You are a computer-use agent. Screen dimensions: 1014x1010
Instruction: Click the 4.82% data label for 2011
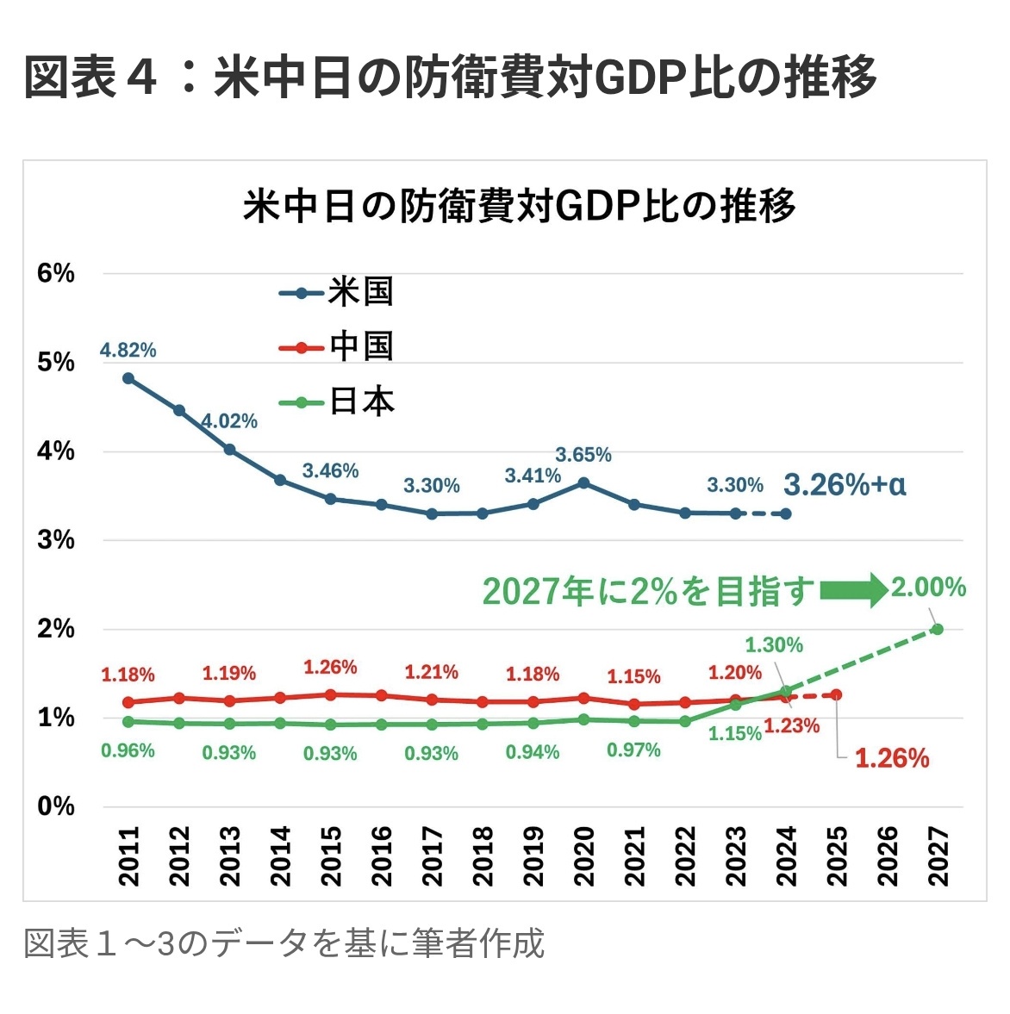coord(128,351)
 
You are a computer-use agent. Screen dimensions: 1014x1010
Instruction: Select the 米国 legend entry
coord(337,292)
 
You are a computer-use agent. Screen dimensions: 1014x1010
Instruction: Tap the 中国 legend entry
coord(337,347)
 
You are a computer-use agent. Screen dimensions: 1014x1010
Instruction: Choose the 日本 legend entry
coord(337,402)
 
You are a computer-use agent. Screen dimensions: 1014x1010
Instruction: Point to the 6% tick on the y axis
coord(55,274)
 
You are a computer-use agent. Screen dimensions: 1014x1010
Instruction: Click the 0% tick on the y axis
coord(55,807)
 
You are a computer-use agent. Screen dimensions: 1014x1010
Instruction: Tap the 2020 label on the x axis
coord(583,856)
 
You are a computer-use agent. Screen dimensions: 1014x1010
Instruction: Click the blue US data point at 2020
coord(583,483)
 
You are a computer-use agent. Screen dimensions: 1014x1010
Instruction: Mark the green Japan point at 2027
coord(937,629)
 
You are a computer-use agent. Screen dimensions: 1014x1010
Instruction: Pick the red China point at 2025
coord(836,694)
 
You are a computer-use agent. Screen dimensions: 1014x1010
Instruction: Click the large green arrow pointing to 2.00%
coord(853,590)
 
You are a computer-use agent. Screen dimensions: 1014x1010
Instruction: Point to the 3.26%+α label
coord(845,486)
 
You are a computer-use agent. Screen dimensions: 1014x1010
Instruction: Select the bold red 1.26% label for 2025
coord(892,759)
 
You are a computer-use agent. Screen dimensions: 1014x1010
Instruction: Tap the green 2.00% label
coord(928,588)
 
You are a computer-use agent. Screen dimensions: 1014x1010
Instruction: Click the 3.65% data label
coord(583,455)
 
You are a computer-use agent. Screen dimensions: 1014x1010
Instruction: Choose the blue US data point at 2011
coord(128,378)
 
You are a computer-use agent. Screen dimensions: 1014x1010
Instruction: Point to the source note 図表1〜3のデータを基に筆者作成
coord(284,943)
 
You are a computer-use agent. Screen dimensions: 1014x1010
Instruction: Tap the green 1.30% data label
coord(774,645)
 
